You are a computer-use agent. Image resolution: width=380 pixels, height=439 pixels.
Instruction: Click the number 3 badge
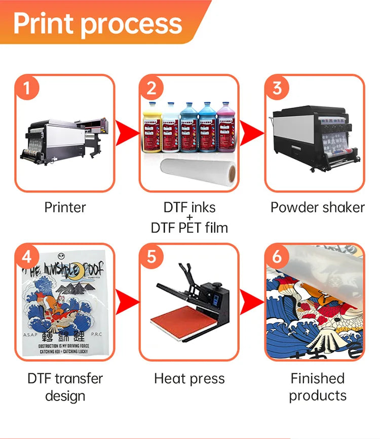click(277, 89)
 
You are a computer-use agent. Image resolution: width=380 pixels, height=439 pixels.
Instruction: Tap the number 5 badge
click(151, 257)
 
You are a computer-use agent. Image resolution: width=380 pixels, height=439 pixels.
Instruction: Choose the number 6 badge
click(277, 257)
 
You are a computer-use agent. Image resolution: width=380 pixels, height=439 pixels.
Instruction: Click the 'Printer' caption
click(65, 207)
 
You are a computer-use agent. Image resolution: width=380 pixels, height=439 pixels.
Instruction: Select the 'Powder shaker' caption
click(317, 207)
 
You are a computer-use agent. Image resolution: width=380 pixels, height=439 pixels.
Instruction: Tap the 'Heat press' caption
click(189, 378)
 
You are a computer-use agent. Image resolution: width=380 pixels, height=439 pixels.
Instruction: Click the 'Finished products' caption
click(317, 387)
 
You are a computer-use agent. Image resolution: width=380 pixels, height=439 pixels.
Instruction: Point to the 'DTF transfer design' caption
click(65, 387)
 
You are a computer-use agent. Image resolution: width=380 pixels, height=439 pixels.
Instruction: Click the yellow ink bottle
click(151, 129)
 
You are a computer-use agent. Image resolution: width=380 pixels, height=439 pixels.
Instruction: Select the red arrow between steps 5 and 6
click(252, 302)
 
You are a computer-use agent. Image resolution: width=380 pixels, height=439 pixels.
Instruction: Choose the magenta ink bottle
click(226, 129)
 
